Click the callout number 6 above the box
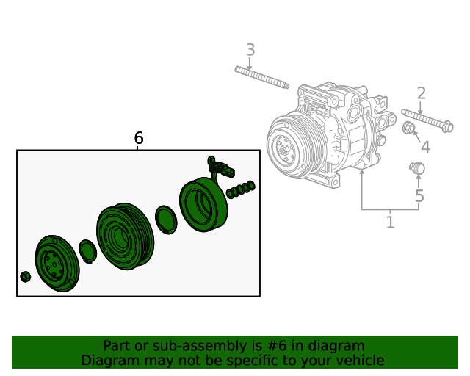point(138,138)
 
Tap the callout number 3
point(250,50)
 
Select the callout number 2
point(421,93)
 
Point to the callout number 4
point(424,147)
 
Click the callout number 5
point(419,196)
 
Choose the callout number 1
point(390,221)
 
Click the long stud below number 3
point(261,76)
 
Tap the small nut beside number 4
point(410,130)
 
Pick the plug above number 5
point(416,169)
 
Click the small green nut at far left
point(25,276)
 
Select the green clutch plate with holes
point(52,263)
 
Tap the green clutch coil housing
point(203,203)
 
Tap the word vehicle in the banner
point(359,361)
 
